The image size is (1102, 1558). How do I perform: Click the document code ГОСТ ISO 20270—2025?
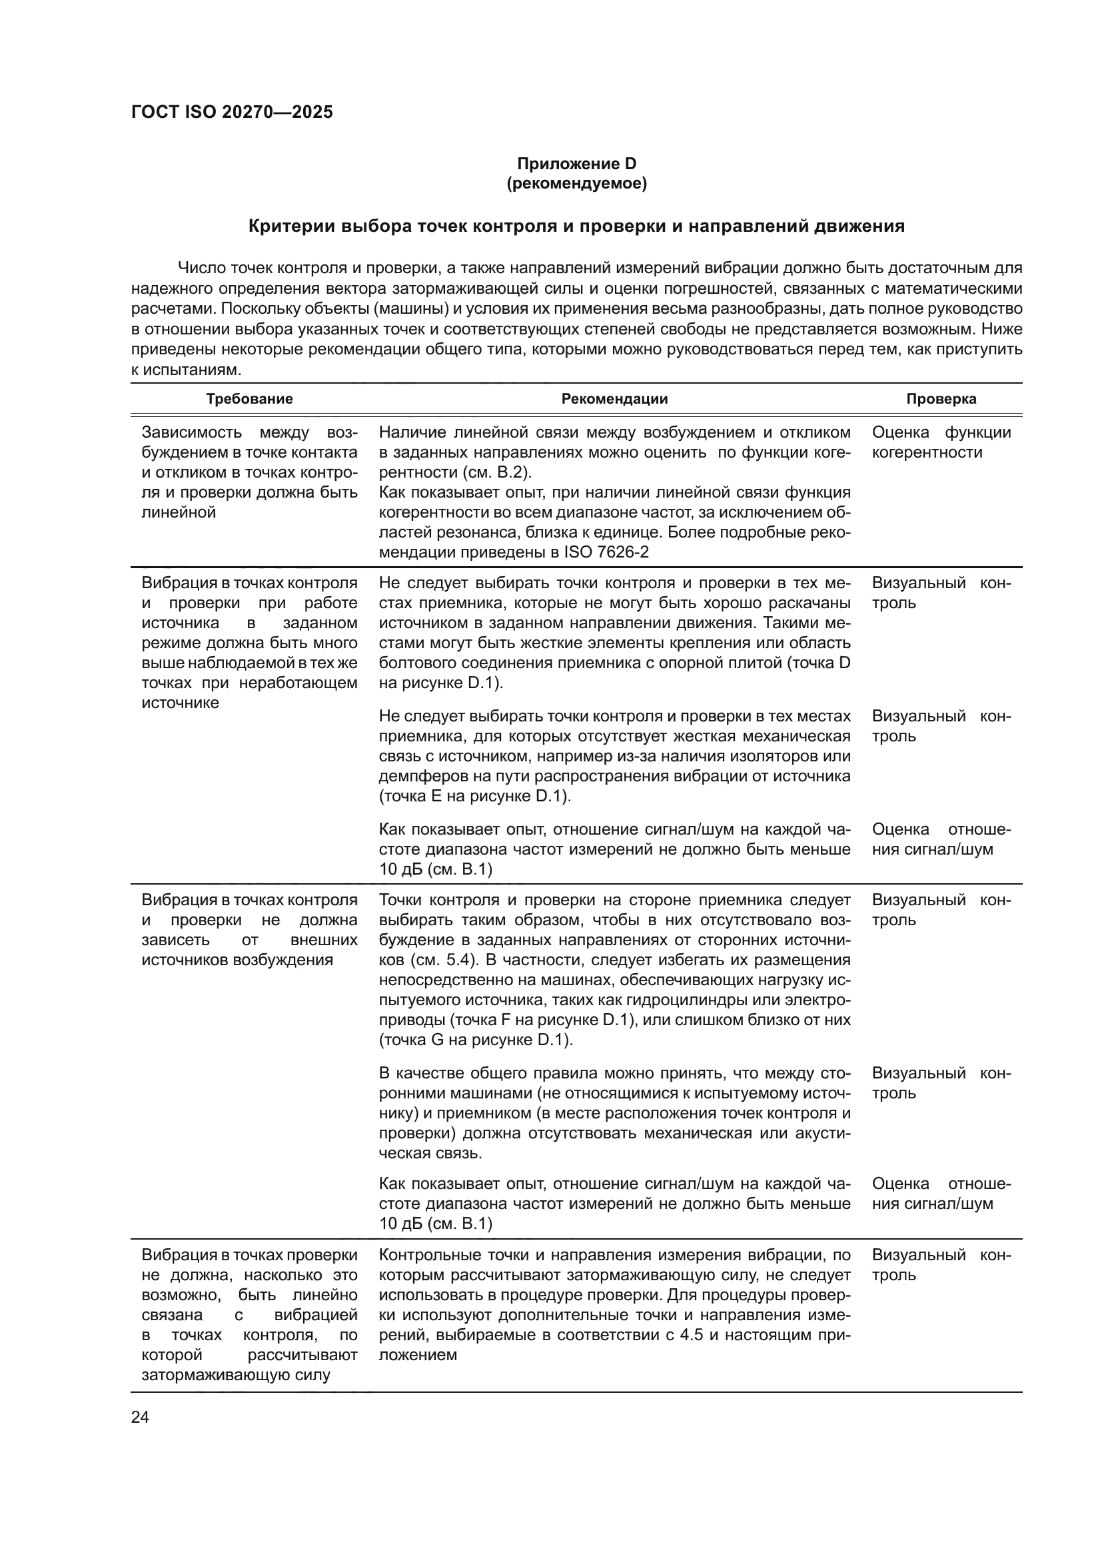pyautogui.click(x=232, y=113)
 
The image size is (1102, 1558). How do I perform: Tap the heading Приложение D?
pyautogui.click(x=576, y=164)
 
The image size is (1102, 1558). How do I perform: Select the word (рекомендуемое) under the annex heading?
pyautogui.click(x=576, y=184)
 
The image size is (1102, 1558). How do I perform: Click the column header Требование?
pyautogui.click(x=249, y=399)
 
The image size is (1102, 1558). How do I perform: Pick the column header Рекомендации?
pyautogui.click(x=614, y=399)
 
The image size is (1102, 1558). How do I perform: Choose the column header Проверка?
pyautogui.click(x=941, y=399)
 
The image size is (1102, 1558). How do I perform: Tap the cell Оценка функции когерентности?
pyautogui.click(x=941, y=442)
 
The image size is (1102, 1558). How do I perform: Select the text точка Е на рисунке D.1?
pyautogui.click(x=473, y=796)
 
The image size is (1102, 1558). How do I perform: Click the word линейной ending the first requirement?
pyautogui.click(x=179, y=512)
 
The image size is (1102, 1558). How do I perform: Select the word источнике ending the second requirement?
pyautogui.click(x=180, y=702)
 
